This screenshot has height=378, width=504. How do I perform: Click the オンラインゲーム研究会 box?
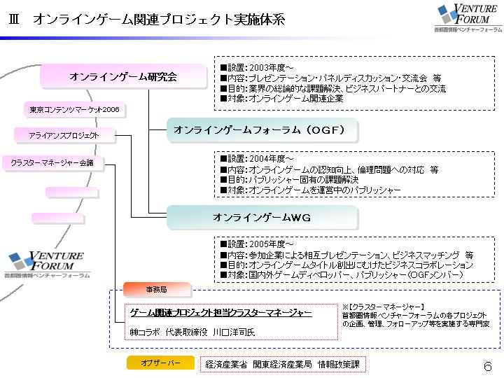[122, 76]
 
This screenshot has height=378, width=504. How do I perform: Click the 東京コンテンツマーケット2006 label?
[74, 110]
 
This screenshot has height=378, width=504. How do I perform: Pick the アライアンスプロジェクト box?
[64, 135]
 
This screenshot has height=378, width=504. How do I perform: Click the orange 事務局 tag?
[156, 288]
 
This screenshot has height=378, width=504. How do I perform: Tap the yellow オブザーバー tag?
[160, 363]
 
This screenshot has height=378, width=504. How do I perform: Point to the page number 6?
[487, 366]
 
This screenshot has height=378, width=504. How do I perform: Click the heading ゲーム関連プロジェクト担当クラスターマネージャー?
[221, 313]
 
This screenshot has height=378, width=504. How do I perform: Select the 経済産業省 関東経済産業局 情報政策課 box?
[283, 364]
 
